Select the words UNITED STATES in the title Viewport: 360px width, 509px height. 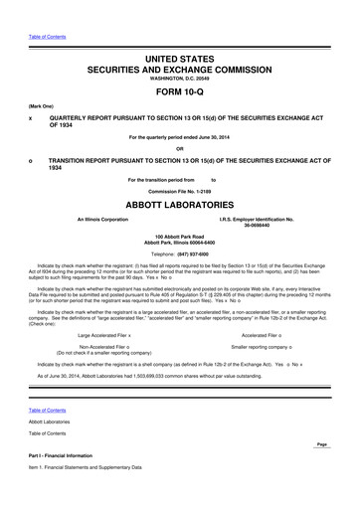[179, 61]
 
